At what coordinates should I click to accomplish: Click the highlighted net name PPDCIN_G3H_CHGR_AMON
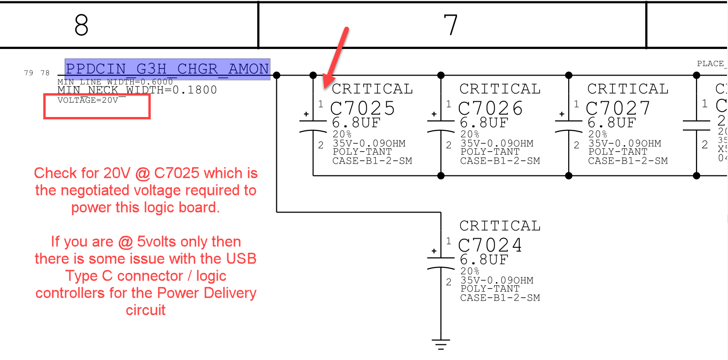click(167, 69)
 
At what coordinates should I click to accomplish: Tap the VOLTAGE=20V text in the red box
click(87, 100)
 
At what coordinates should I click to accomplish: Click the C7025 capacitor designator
click(363, 108)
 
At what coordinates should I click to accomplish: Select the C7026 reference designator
click(491, 108)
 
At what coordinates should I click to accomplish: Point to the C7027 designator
click(618, 108)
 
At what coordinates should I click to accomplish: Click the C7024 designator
click(490, 245)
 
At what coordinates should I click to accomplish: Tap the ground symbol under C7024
click(441, 344)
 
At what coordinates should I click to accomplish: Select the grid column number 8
click(81, 25)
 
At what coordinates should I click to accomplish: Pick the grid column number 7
click(450, 25)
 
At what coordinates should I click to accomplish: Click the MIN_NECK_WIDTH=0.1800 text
click(137, 90)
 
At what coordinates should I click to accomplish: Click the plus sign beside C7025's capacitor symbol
click(306, 115)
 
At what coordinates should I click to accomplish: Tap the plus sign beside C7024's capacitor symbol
click(434, 251)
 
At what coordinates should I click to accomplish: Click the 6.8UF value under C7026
click(484, 123)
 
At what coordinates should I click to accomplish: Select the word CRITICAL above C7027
click(628, 89)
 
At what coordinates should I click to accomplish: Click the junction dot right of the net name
click(277, 75)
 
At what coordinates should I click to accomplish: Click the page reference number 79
click(29, 73)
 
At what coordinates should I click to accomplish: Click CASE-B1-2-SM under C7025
click(372, 161)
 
